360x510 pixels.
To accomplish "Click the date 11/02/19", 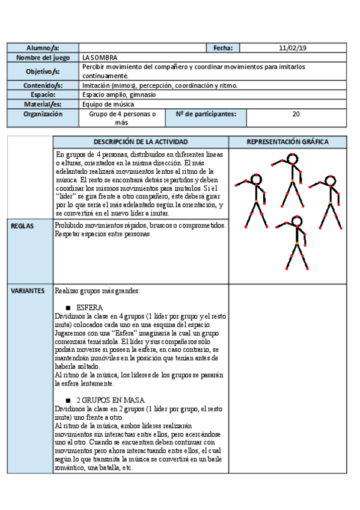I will click(x=293, y=48).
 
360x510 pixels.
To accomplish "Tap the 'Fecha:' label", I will click(x=222, y=48).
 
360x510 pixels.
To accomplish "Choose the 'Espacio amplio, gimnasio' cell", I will click(x=119, y=94).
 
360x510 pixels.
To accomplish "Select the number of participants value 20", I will click(x=296, y=113).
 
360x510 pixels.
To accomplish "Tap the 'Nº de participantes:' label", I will click(x=206, y=113).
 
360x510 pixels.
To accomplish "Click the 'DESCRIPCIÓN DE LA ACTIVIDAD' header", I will click(x=141, y=142).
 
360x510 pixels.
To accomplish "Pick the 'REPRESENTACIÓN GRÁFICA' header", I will click(x=288, y=142).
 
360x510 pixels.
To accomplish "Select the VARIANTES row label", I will click(x=28, y=290).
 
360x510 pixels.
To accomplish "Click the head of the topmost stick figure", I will click(x=293, y=159).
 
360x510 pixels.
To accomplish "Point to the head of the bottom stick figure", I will click(x=295, y=222).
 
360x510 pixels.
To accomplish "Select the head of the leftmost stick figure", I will click(x=256, y=180).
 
